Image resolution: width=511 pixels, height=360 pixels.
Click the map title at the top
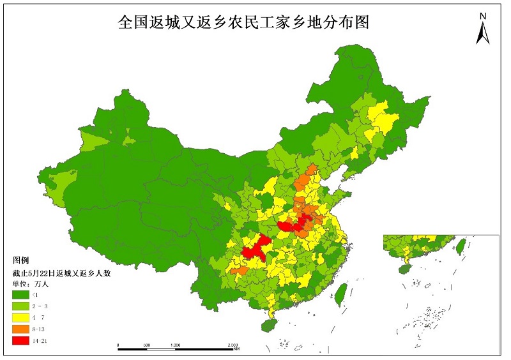click(x=244, y=22)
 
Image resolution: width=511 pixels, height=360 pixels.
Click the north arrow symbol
click(x=483, y=33)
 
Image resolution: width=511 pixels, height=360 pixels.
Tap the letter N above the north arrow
click(x=484, y=15)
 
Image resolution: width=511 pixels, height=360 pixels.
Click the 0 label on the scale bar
click(x=118, y=345)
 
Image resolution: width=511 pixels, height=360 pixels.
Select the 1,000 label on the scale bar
click(x=176, y=345)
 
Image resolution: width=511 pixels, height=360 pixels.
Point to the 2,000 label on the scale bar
click(x=234, y=345)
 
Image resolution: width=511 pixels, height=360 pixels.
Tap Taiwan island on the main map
click(x=340, y=294)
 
